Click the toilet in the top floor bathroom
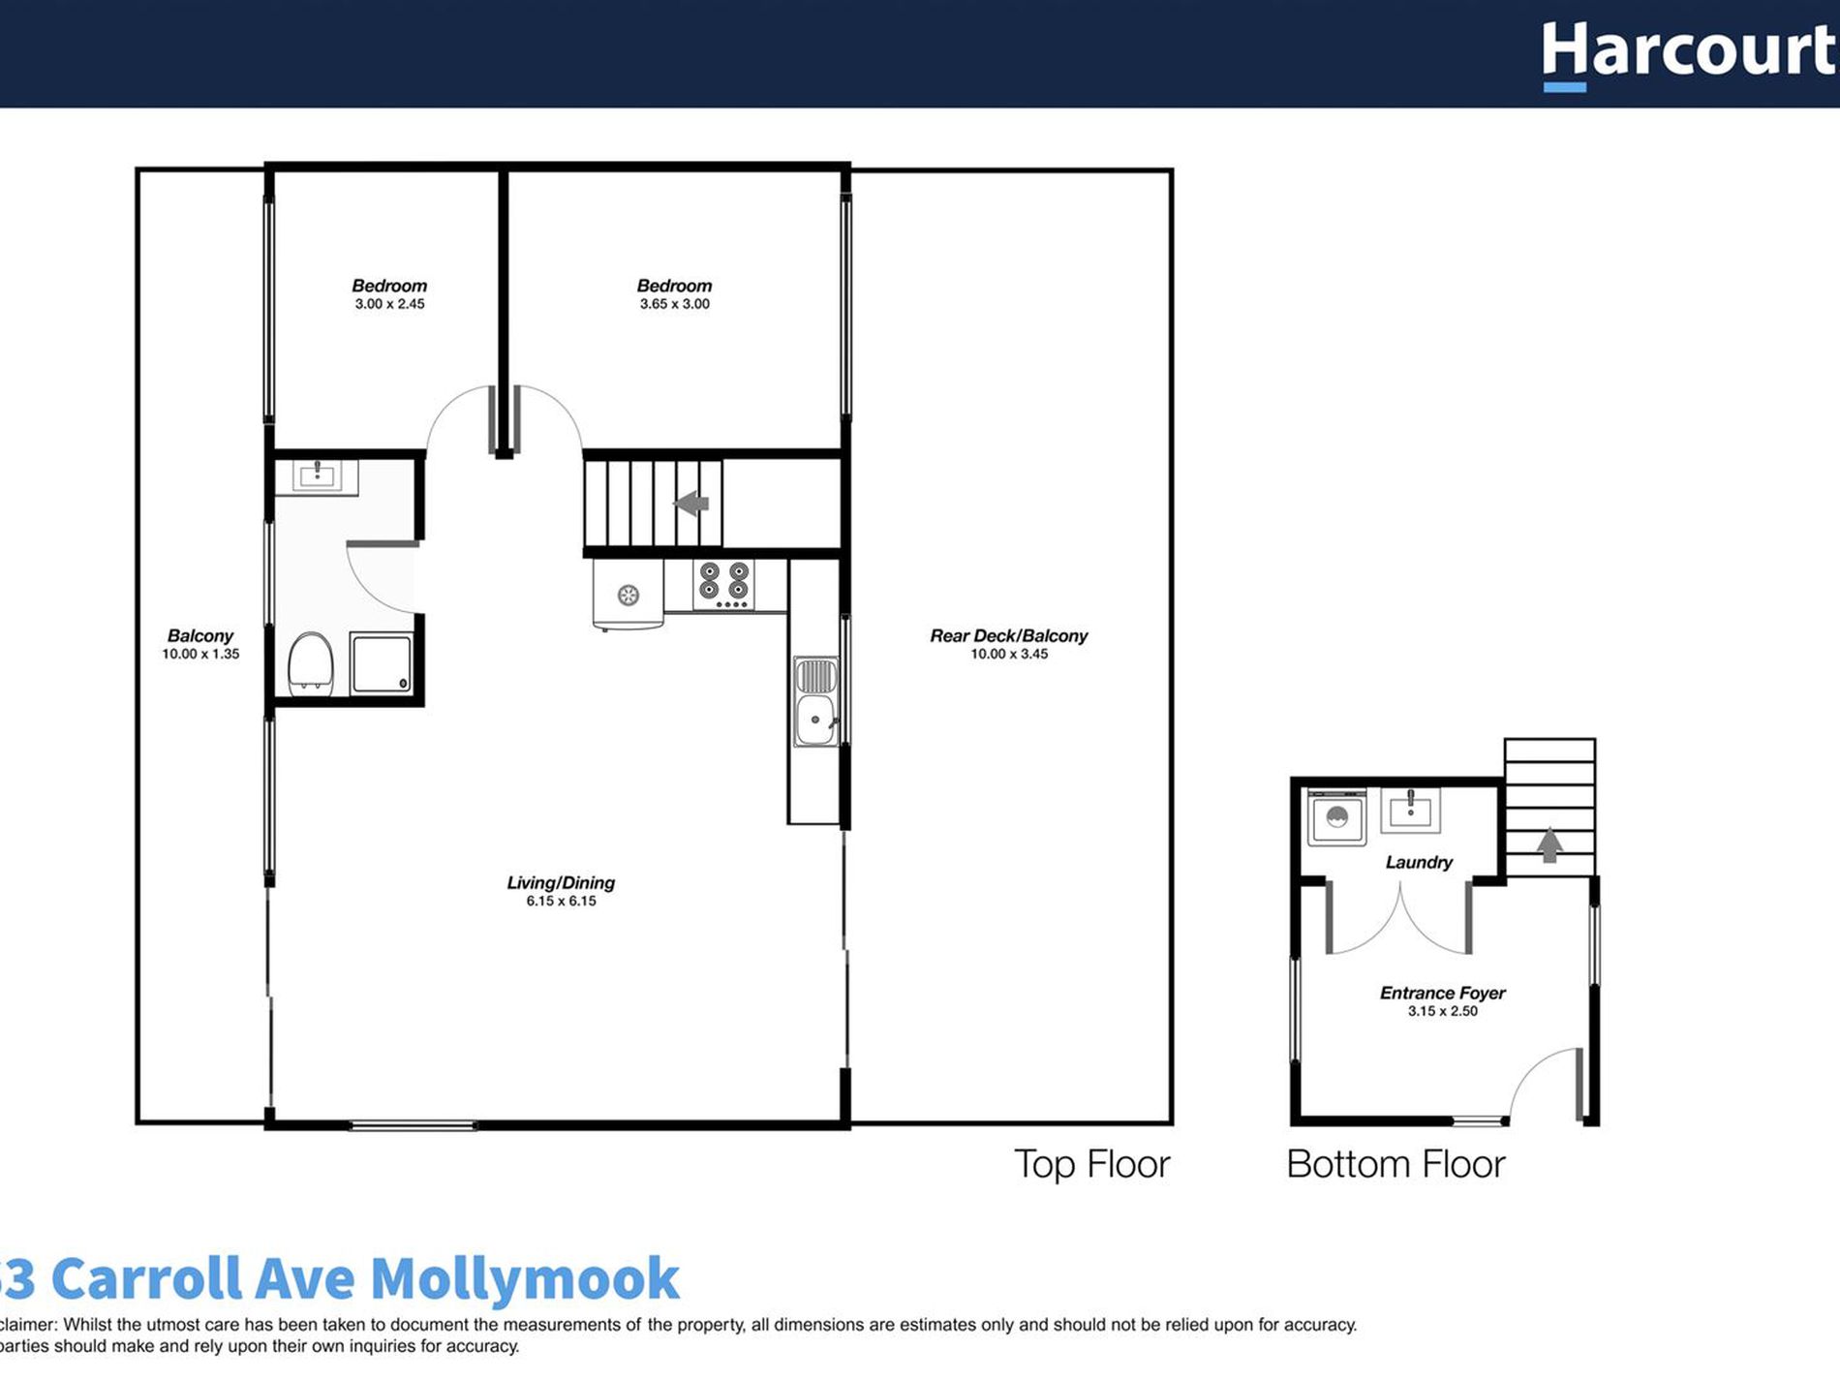coord(311,662)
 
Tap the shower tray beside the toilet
coord(382,663)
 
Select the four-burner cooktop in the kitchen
coord(723,584)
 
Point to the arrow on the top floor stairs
coord(691,504)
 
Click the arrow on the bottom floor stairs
coord(1549,844)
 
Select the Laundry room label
coord(1419,862)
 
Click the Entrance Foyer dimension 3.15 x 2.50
coord(1442,1011)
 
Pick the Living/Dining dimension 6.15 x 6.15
coord(561,901)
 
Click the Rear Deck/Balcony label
coord(1008,636)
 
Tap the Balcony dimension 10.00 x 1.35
coord(200,654)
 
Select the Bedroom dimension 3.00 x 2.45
coord(389,304)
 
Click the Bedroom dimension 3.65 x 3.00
coord(674,304)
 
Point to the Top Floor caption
coord(1091,1163)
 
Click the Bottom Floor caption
coord(1395,1163)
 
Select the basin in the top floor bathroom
coord(317,475)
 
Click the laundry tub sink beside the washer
coord(1410,810)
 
